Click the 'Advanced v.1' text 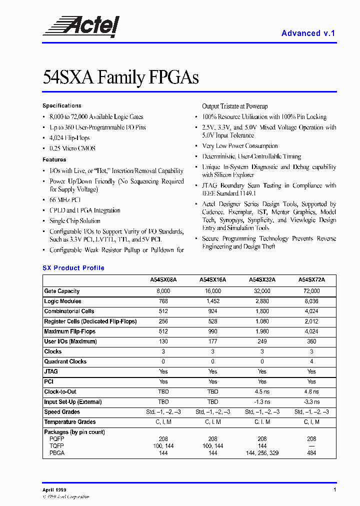click(x=308, y=33)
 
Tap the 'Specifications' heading click(x=62, y=106)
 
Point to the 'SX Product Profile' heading click(x=73, y=268)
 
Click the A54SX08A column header click(x=163, y=280)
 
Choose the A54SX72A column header click(x=311, y=280)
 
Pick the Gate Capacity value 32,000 click(x=262, y=291)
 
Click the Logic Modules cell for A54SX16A click(x=212, y=301)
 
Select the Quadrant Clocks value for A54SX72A click(x=311, y=361)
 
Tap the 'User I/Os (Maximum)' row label click(x=70, y=341)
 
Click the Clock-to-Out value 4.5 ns click(x=262, y=392)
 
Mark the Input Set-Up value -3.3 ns click(x=311, y=402)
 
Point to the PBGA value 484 click(x=311, y=453)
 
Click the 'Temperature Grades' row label click(x=70, y=422)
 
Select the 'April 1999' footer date click(x=54, y=490)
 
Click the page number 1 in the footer click(x=334, y=490)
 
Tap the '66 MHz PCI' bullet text click(x=65, y=200)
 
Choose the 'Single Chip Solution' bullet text click(x=75, y=221)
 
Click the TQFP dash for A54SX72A click(x=311, y=445)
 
